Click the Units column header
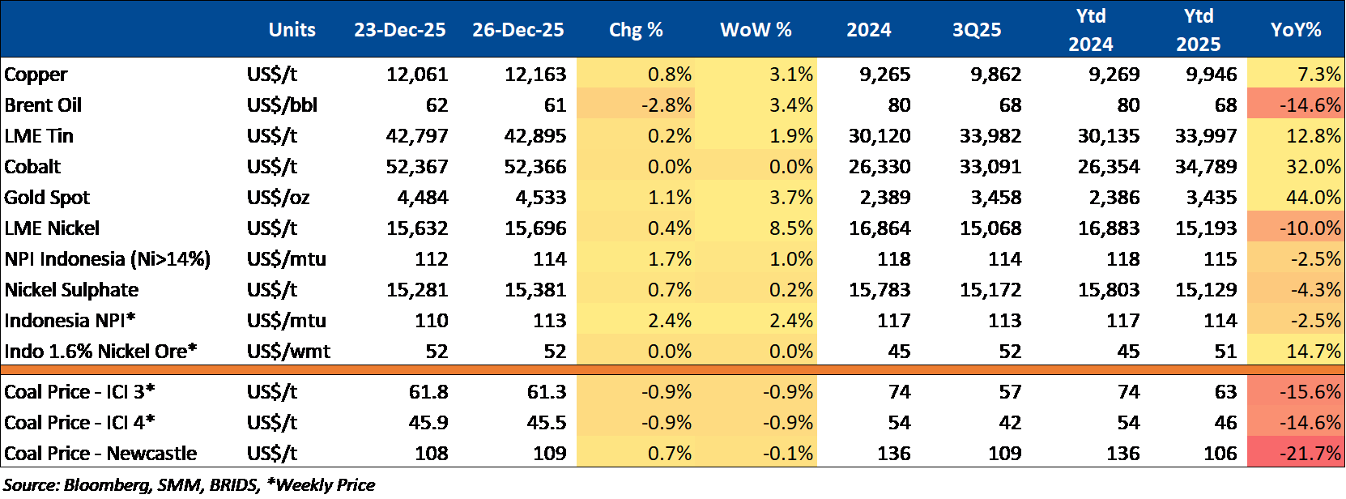(292, 30)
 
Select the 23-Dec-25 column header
(399, 30)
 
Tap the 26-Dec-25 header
(518, 30)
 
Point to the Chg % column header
(636, 30)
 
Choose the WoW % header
(756, 30)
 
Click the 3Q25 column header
(977, 30)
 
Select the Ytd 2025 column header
(1198, 30)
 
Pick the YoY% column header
(1296, 30)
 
